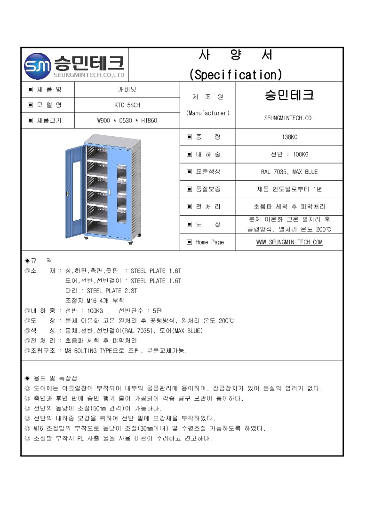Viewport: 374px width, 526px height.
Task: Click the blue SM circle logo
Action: [x=37, y=65]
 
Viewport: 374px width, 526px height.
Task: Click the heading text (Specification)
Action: [x=236, y=74]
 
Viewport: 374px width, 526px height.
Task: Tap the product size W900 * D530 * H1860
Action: [x=127, y=121]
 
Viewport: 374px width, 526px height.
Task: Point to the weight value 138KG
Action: [x=289, y=137]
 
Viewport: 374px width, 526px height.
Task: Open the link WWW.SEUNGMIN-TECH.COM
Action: [x=289, y=242]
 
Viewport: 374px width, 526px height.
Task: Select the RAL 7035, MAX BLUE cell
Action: [x=289, y=172]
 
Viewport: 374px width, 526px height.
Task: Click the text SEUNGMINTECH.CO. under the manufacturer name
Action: [x=289, y=118]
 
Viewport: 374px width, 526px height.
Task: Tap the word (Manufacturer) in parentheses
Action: [x=208, y=113]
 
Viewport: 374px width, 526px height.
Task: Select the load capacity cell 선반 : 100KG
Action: [x=289, y=155]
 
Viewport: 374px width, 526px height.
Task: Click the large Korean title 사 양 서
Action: [x=236, y=55]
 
